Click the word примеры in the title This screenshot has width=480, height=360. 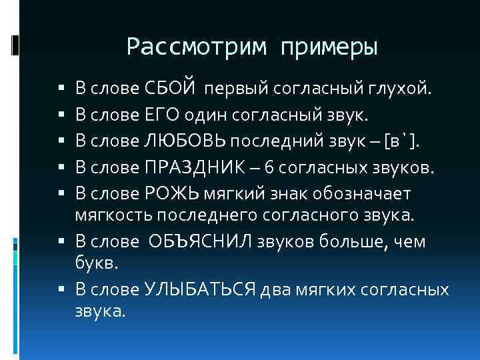[x=329, y=48]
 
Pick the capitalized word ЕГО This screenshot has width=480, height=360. [x=159, y=117]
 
